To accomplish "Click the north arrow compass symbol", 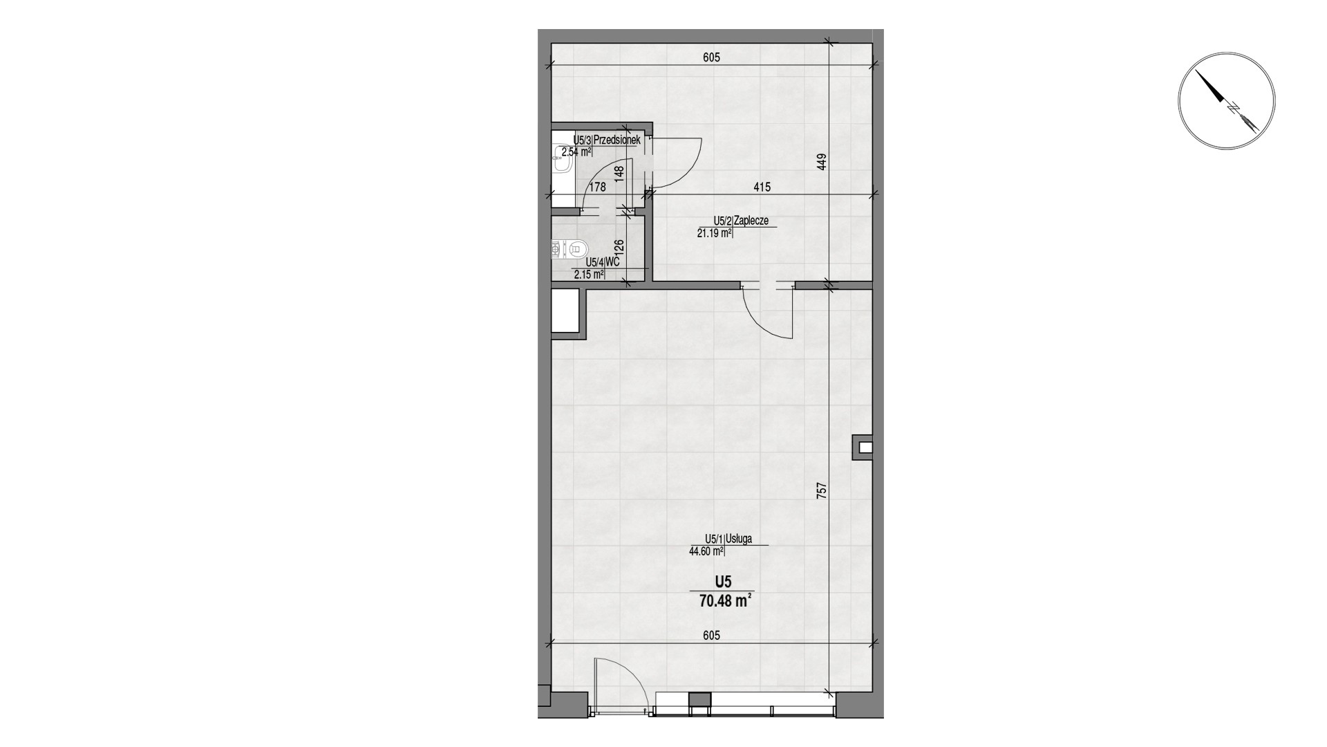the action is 1226,100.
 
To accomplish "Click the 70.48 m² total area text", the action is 725,600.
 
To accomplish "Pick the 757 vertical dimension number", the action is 821,490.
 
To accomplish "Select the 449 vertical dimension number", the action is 821,162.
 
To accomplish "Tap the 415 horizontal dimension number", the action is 762,187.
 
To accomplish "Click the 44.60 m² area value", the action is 706,551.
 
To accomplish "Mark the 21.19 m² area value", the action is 715,233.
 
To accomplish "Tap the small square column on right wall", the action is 863,447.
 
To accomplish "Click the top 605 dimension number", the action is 711,57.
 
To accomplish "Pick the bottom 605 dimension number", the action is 711,635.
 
